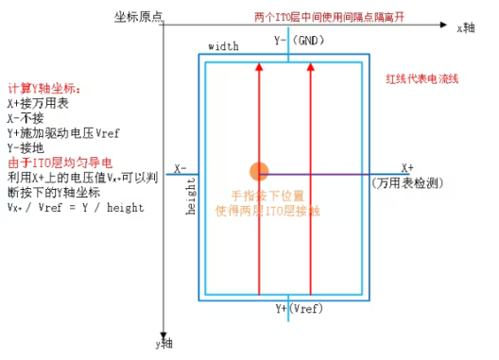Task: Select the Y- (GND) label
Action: [x=299, y=41]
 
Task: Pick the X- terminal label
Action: [x=181, y=169]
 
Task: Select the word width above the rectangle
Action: [x=222, y=46]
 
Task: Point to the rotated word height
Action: [x=191, y=196]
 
